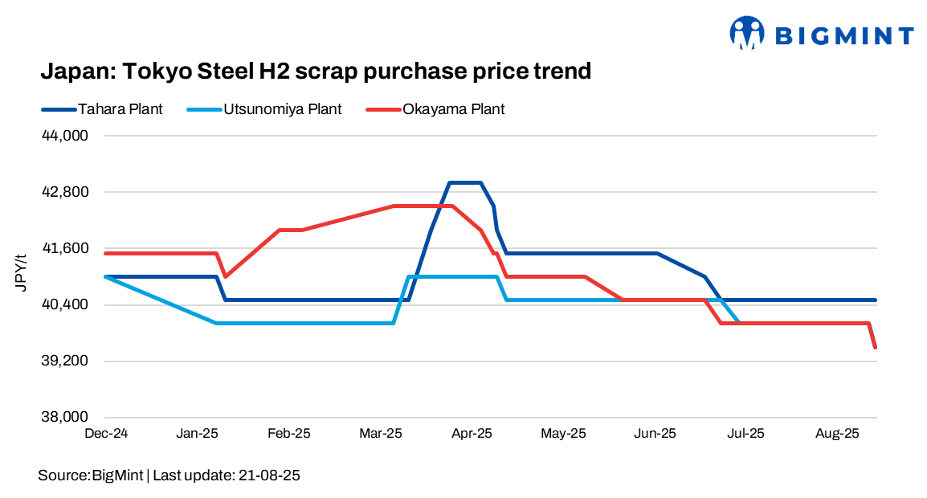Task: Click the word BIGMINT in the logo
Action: pos(844,35)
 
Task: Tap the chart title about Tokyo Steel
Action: pos(316,71)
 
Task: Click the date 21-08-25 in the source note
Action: pos(269,476)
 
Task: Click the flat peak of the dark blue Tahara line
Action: pos(465,182)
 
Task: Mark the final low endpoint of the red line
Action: pos(875,347)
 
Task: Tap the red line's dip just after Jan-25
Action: pos(225,276)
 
